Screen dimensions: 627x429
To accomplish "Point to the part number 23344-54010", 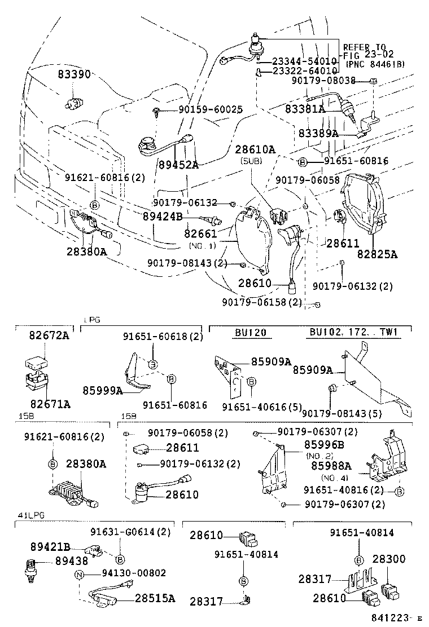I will [x=305, y=60].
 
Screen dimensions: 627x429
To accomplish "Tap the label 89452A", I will [x=178, y=165].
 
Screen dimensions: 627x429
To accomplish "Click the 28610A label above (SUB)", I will [x=255, y=149].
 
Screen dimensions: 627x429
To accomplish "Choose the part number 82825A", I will [x=377, y=254].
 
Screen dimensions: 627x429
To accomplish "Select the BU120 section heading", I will [x=249, y=332].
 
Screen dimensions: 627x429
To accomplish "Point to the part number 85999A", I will [x=102, y=390].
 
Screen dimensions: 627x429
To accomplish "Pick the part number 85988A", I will [x=331, y=466].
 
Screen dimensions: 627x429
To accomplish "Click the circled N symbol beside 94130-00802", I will [x=79, y=573].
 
